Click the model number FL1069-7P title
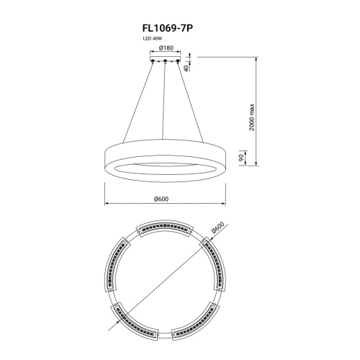(x=168, y=28)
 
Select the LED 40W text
(x=153, y=38)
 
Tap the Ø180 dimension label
(x=166, y=48)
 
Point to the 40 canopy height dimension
(x=186, y=68)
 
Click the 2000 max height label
(x=251, y=117)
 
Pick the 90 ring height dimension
(x=241, y=158)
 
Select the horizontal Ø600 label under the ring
(x=161, y=199)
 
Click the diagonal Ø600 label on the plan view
(x=218, y=228)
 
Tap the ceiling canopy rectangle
(x=166, y=58)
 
